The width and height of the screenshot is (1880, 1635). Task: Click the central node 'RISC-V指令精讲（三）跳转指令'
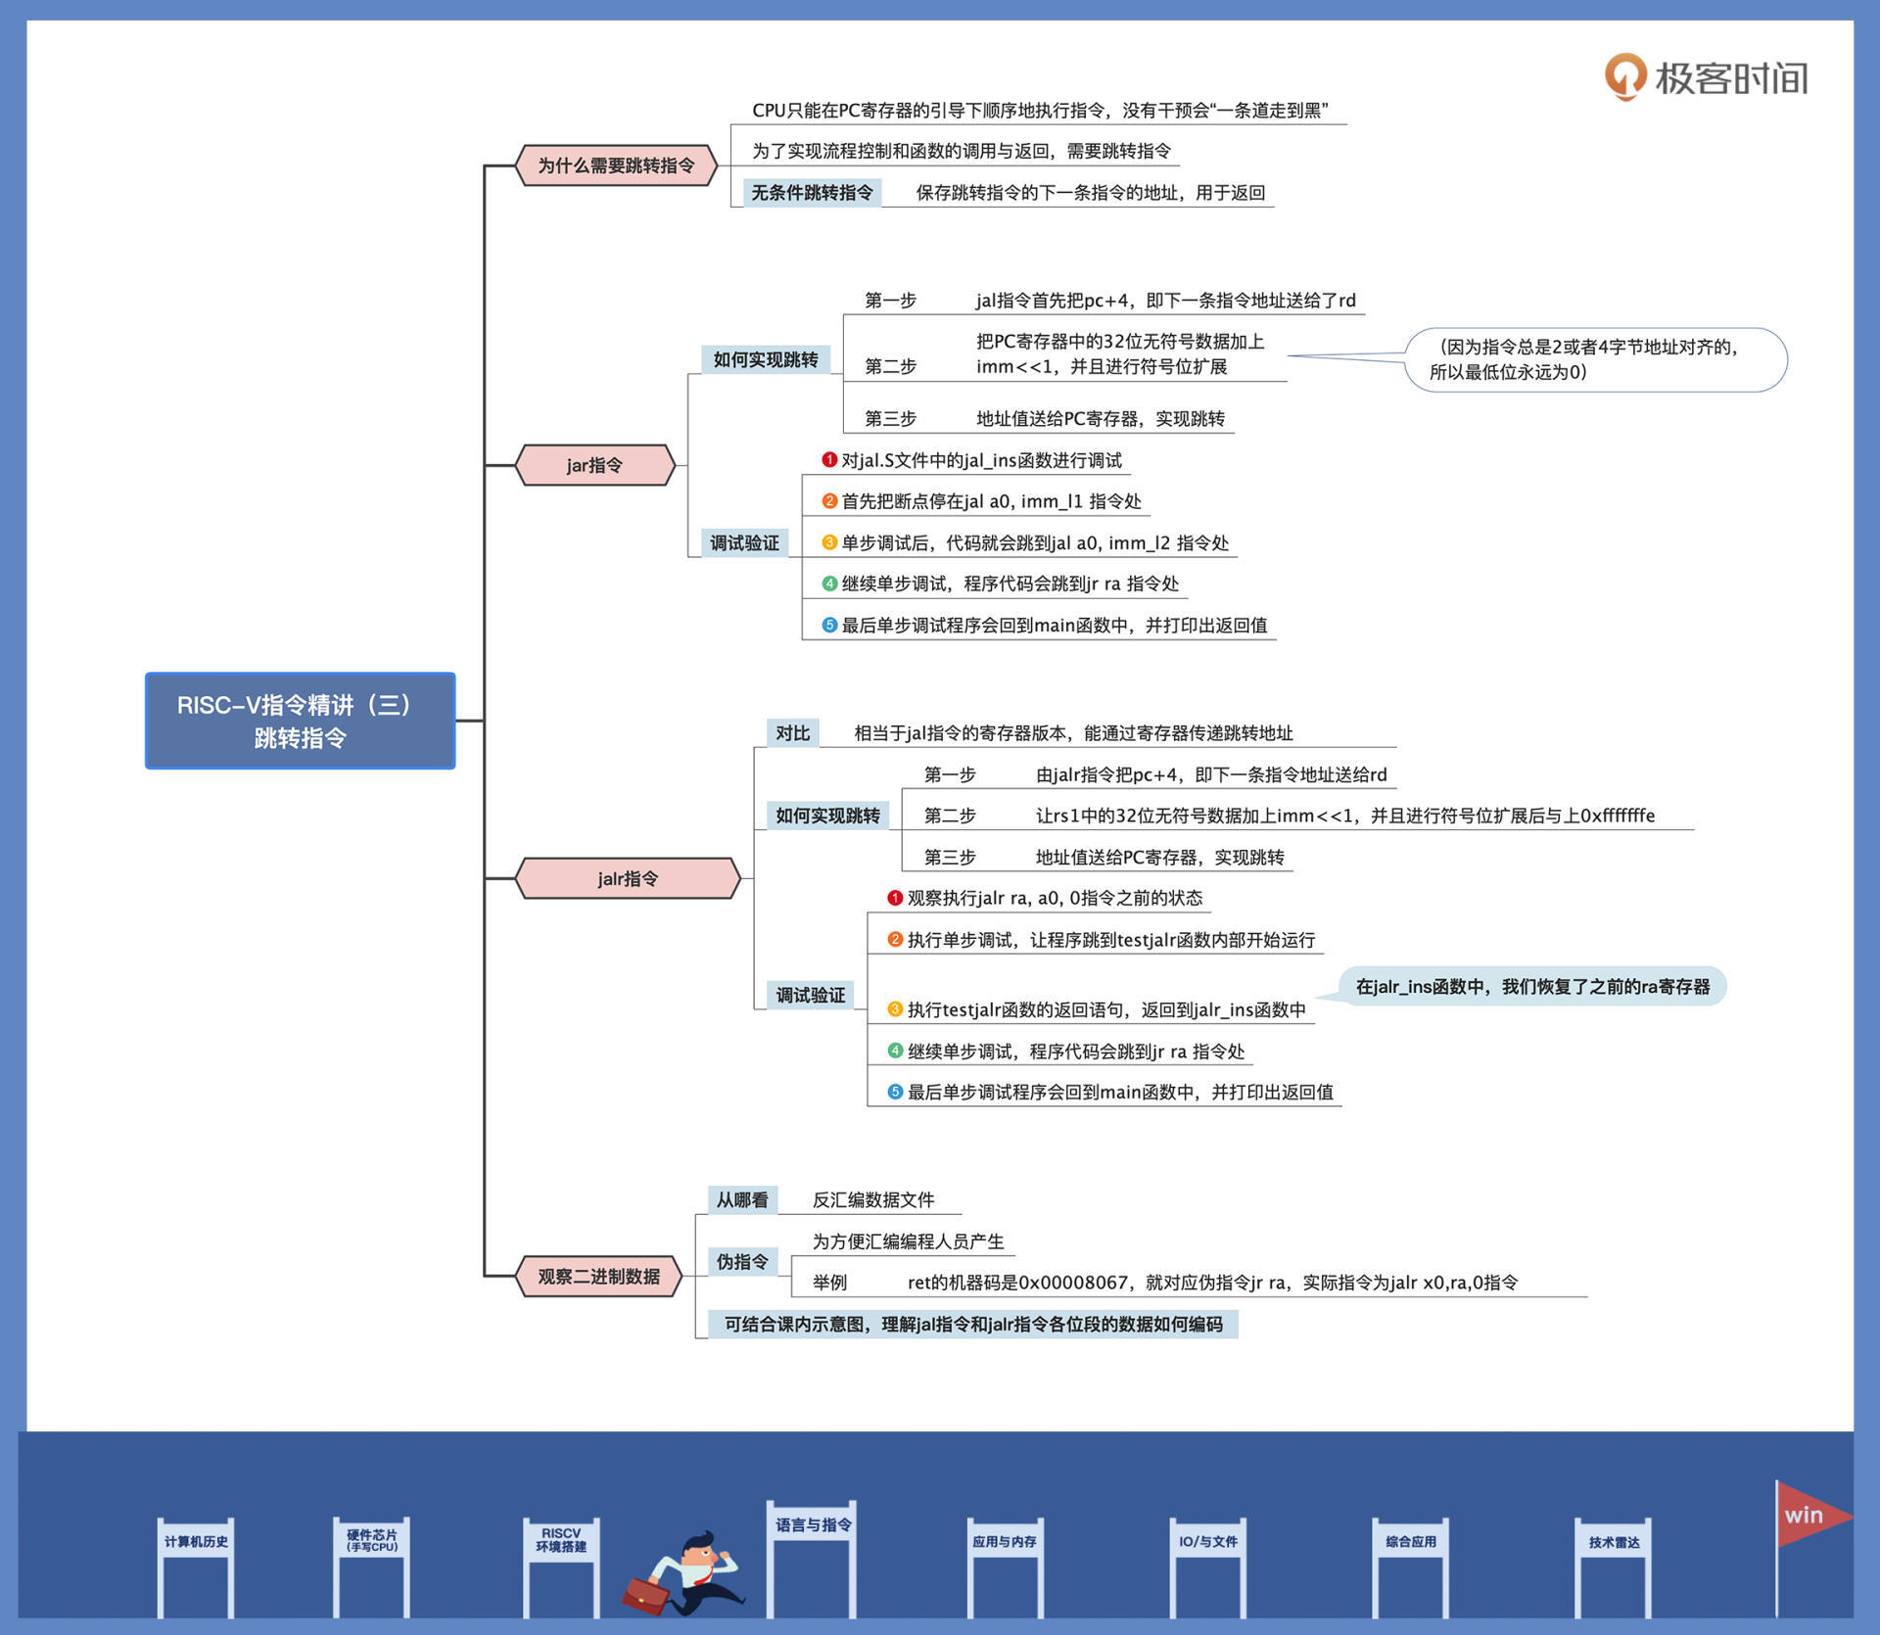click(x=300, y=721)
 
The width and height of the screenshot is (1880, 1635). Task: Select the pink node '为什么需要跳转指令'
click(x=616, y=165)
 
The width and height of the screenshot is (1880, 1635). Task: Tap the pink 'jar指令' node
click(x=594, y=465)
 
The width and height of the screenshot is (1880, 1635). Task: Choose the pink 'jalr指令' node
click(x=627, y=878)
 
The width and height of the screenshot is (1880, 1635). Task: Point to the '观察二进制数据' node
click(x=598, y=1277)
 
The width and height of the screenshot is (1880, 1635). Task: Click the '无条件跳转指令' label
click(x=812, y=193)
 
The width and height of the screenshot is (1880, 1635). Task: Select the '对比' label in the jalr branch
click(x=792, y=733)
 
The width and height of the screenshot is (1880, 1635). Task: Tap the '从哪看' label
click(x=741, y=1200)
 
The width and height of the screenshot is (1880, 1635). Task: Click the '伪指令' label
click(x=741, y=1262)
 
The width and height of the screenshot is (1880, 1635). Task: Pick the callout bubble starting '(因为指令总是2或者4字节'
click(x=1595, y=359)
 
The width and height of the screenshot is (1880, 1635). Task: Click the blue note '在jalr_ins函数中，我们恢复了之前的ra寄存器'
click(x=1531, y=987)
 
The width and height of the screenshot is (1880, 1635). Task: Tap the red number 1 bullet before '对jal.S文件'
click(x=829, y=460)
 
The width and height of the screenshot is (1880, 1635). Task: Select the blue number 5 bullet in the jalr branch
click(x=895, y=1092)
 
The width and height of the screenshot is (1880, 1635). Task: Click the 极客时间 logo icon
click(x=1624, y=76)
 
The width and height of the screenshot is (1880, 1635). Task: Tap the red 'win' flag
click(x=1808, y=1517)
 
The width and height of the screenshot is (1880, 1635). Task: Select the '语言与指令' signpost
click(x=813, y=1525)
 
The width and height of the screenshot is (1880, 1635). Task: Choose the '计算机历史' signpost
click(x=196, y=1542)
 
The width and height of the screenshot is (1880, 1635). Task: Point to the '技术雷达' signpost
click(x=1614, y=1543)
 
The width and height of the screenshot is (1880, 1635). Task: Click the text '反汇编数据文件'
click(x=872, y=1200)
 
